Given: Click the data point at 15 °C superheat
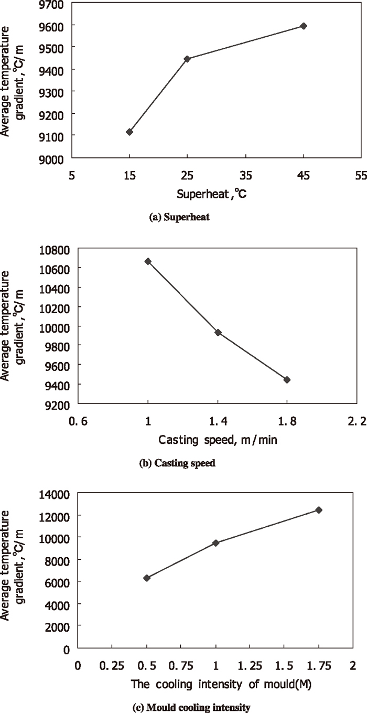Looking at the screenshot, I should [x=129, y=132].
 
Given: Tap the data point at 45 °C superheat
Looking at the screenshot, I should [x=303, y=26].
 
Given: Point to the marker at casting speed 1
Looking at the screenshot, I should [x=148, y=261].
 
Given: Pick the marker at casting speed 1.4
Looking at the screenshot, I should [x=218, y=332].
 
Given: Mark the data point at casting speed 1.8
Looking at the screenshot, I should [x=287, y=379].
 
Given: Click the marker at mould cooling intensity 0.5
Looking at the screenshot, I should [x=147, y=578].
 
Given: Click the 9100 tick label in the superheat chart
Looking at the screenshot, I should [x=53, y=136].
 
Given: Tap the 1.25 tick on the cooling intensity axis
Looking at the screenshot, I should [x=250, y=666].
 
